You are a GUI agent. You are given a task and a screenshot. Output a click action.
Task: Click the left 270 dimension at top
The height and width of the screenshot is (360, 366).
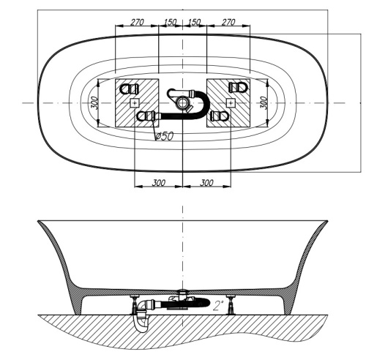137,23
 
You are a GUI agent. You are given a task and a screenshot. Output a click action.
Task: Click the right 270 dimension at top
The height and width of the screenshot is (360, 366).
228,23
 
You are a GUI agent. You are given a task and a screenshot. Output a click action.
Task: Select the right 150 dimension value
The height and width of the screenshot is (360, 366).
194,23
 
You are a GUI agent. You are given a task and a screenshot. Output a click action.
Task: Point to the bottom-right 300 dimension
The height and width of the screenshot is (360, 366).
206,182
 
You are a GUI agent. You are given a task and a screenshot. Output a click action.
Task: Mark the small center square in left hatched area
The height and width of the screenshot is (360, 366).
133,103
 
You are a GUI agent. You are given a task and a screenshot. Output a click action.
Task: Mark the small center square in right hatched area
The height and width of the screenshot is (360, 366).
231,103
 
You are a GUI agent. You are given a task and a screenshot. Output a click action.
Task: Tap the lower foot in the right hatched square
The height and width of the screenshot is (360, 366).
217,116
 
